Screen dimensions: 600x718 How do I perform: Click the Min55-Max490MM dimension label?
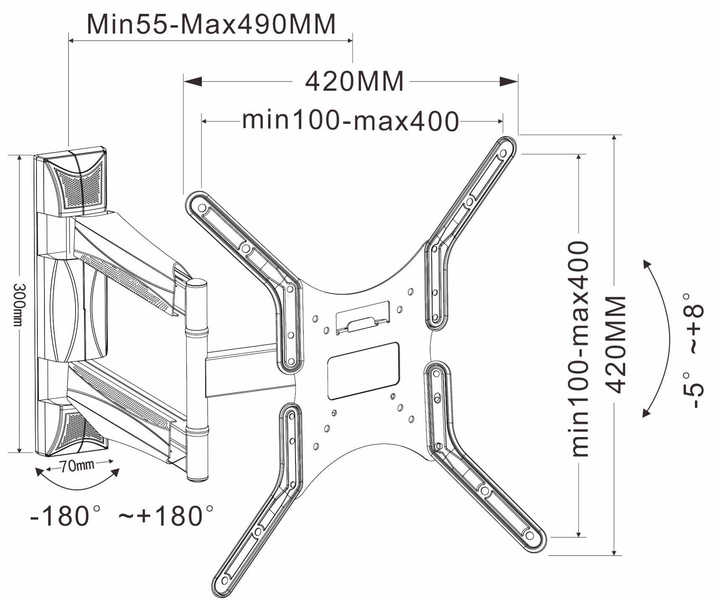[x=211, y=24]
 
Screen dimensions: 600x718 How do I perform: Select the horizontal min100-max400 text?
[x=351, y=121]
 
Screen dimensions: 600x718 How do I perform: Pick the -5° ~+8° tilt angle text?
[x=692, y=351]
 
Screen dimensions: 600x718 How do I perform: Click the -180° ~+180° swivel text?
[x=122, y=516]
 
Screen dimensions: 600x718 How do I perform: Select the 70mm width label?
[x=77, y=465]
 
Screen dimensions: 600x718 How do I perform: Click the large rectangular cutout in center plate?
[x=363, y=370]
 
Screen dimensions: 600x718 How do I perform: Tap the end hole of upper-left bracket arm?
[x=201, y=207]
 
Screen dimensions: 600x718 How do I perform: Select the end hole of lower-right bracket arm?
[x=530, y=535]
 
